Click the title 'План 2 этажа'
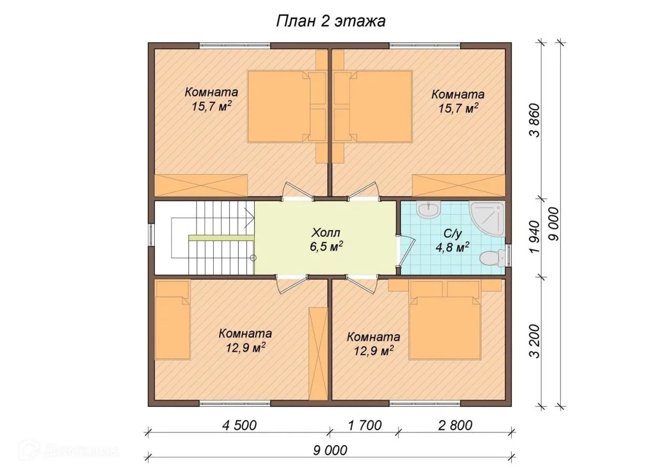[331, 22]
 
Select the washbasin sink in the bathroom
[429, 211]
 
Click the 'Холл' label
[326, 233]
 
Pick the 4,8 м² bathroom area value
[452, 248]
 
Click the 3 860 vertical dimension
[535, 120]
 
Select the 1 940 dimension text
[535, 237]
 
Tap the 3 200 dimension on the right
[535, 341]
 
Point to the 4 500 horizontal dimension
[240, 425]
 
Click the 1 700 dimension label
[364, 425]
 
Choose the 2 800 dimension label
[455, 425]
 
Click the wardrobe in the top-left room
[201, 186]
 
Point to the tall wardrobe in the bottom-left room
[318, 353]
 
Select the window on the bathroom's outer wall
[508, 255]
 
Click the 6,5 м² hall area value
[326, 247]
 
